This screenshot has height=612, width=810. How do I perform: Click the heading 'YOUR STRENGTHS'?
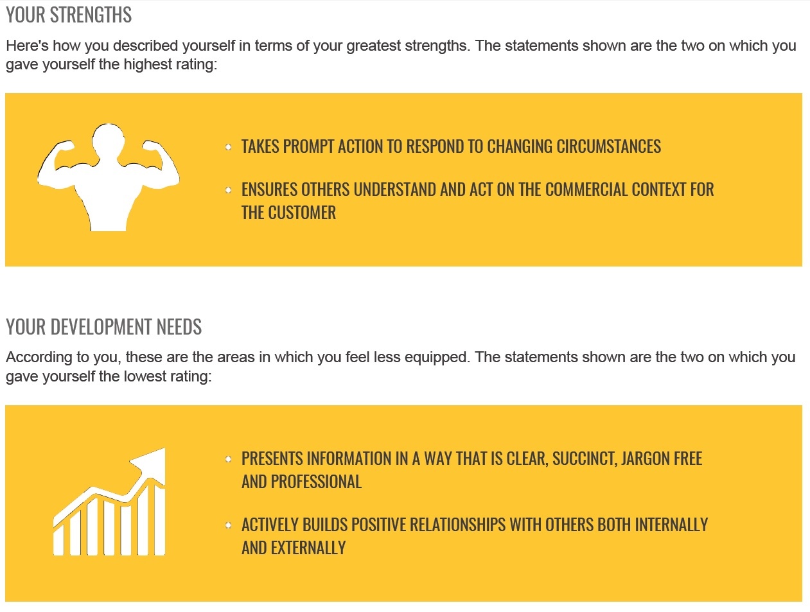tap(69, 15)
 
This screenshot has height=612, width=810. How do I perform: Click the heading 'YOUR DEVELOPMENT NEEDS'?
tap(103, 327)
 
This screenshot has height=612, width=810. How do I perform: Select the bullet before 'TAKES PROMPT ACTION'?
tap(229, 147)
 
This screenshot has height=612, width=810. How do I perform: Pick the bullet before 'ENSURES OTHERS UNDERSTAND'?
tap(229, 190)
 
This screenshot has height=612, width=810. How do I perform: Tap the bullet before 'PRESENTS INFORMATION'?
tap(229, 459)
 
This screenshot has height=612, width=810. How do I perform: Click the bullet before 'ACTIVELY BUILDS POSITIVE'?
tap(229, 525)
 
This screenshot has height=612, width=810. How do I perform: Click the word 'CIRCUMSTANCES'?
tap(608, 146)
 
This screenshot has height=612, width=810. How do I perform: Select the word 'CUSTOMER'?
tap(302, 213)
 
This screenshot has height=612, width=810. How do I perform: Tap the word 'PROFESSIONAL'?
tap(316, 482)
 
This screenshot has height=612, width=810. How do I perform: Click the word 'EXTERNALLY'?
tap(308, 548)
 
